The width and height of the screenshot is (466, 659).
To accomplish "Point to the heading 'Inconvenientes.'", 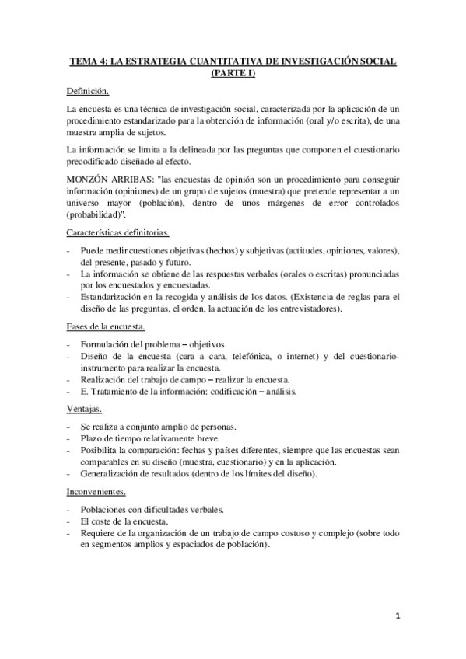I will (97, 491).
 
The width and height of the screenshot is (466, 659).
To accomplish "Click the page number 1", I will (397, 618).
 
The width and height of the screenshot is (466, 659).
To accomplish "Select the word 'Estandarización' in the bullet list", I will (114, 297).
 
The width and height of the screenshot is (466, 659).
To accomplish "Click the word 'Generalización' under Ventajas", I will (113, 474).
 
